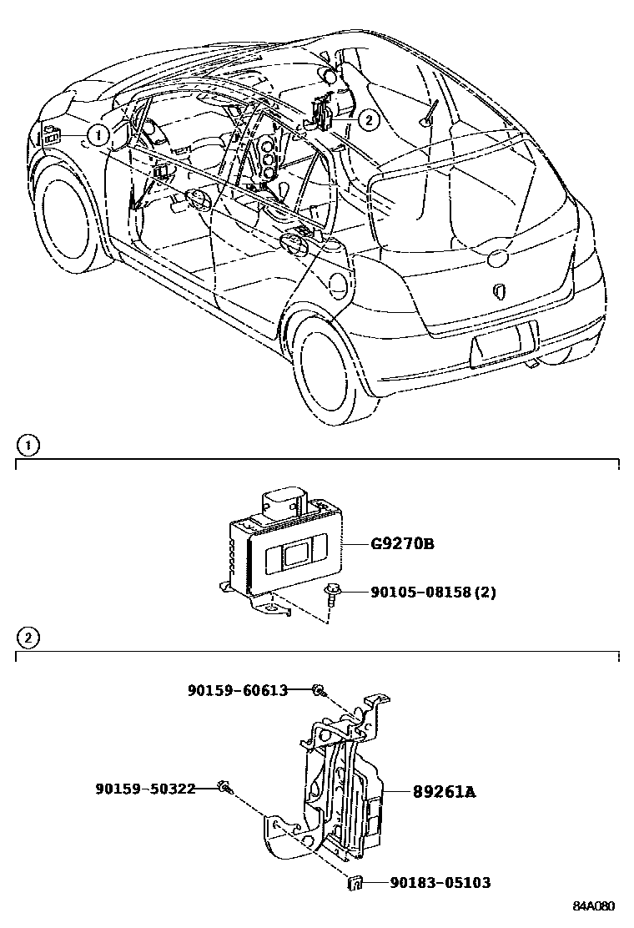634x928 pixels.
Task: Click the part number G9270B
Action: (402, 545)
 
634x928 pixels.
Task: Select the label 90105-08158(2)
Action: (433, 593)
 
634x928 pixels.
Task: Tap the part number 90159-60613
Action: (238, 690)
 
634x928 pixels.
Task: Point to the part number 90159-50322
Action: (145, 788)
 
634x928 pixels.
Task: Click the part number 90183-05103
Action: (440, 882)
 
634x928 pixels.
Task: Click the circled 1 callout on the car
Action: (98, 134)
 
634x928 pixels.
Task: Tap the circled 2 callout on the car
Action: (367, 120)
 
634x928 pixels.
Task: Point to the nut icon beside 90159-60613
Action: (318, 689)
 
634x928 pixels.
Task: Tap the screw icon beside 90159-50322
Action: (224, 786)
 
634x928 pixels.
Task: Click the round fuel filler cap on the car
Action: (338, 285)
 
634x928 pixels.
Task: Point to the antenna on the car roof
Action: (430, 112)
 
